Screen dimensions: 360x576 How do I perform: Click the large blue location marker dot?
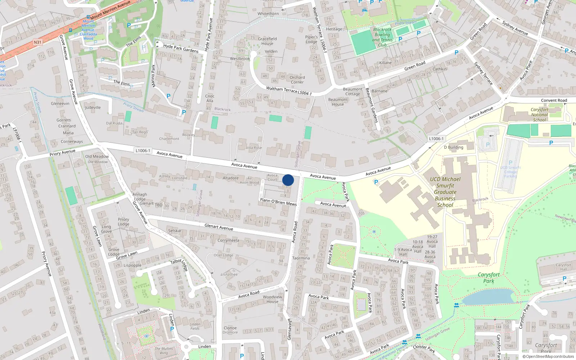[288, 180]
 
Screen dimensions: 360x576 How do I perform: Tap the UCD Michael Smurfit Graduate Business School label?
[445, 192]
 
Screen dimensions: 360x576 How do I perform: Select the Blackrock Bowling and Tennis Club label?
[382, 37]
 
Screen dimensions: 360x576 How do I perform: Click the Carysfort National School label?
[539, 115]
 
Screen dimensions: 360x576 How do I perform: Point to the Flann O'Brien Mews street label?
[278, 202]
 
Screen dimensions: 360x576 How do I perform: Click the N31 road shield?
[37, 42]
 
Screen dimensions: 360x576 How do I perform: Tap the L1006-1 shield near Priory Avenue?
[143, 150]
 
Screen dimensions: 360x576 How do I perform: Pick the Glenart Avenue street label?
[219, 227]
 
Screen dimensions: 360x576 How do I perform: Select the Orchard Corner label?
[297, 80]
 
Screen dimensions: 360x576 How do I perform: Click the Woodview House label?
[273, 299]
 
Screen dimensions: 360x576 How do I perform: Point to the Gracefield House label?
[267, 41]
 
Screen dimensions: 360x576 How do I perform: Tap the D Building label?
[454, 147]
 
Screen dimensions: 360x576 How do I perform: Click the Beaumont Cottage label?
[352, 91]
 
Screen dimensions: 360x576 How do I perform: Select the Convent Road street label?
[554, 100]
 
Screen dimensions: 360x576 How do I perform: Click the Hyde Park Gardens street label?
[181, 48]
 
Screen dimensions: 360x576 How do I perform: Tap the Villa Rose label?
[254, 148]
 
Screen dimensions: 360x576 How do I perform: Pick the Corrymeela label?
[228, 240]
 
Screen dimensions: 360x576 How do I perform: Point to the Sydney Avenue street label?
[515, 28]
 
